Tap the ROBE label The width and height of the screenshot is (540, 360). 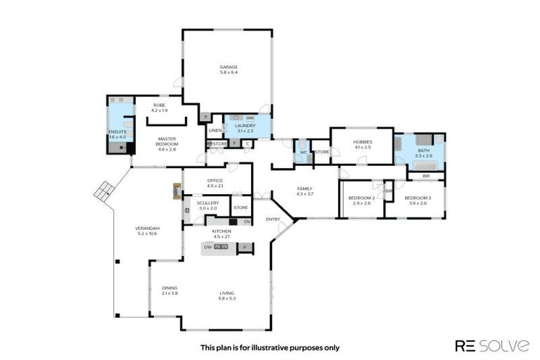[x=159, y=105]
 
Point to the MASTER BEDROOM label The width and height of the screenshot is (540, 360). [x=167, y=139]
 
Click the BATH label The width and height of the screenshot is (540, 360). [x=422, y=150]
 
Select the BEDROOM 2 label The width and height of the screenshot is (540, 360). [x=361, y=198]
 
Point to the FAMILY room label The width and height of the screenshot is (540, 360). [x=304, y=188]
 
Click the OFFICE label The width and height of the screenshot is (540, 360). [x=215, y=181]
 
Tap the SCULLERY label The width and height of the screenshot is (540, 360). [x=208, y=202]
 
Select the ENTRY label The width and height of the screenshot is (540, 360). [x=273, y=220]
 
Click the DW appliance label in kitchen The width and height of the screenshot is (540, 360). [x=208, y=247]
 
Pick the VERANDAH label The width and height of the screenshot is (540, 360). [x=148, y=229]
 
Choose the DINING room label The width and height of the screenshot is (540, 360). [x=169, y=288]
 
